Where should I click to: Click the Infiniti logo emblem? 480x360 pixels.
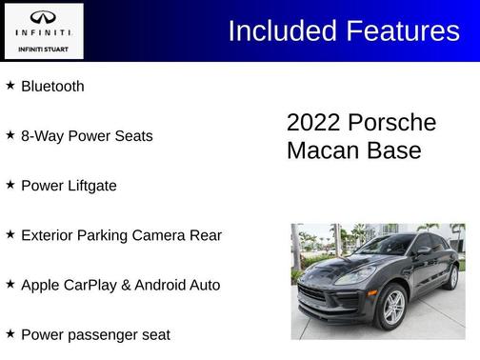pos(43,16)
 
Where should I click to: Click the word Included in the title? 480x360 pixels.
pos(282,30)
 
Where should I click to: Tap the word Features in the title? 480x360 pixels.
pos(401,30)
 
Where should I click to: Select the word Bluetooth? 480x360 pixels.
pos(52,87)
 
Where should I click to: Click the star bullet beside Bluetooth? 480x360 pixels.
pos(10,86)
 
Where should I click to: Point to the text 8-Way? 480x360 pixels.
pos(40,136)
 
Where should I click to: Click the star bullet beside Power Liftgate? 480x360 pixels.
pos(10,185)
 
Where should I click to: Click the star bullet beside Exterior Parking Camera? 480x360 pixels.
pos(10,234)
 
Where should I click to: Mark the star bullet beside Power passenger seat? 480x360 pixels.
pos(10,333)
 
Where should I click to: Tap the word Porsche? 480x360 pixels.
pos(391,124)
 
